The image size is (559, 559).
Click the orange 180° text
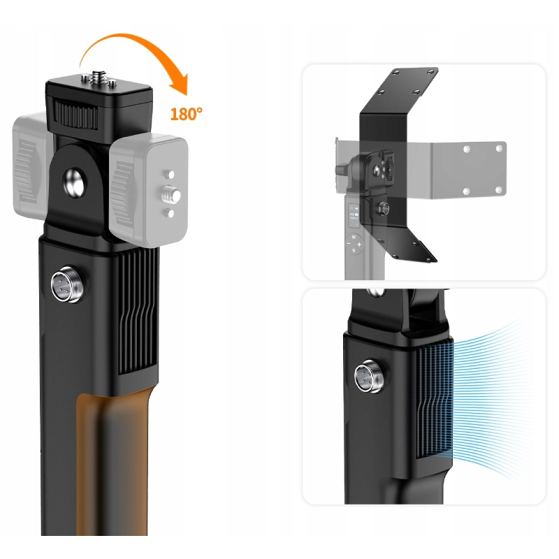point(186,114)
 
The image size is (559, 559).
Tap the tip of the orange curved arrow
point(186,96)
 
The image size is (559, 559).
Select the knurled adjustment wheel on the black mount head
point(75,114)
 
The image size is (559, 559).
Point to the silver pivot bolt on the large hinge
point(75,183)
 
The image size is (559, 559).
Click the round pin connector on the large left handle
point(68,284)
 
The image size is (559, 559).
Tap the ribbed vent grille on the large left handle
point(138,311)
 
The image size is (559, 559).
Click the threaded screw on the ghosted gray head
point(171,195)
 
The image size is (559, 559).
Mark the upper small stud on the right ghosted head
point(169,174)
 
